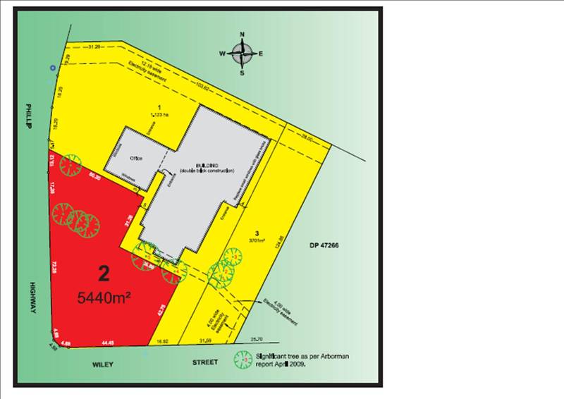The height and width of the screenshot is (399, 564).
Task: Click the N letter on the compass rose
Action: [242, 35]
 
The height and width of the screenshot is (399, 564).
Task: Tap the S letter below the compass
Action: [242, 73]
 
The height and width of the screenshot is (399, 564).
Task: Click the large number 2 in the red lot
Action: [104, 273]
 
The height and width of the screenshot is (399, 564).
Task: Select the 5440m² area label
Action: [104, 298]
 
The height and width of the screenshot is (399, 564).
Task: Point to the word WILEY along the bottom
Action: [103, 364]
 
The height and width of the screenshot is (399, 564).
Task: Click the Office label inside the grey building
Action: [136, 158]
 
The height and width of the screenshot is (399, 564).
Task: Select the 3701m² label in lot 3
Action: [258, 240]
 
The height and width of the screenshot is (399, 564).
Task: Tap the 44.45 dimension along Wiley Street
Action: [107, 343]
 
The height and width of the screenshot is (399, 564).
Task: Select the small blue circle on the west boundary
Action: [52, 68]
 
